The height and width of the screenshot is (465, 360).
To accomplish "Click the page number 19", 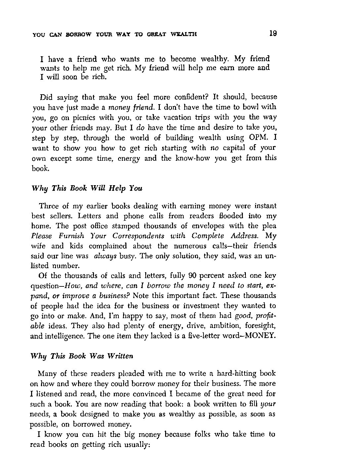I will [273, 33].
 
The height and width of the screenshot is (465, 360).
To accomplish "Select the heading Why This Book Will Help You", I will [87, 189].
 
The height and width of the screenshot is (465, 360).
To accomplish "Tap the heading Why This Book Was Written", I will [82, 356].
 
